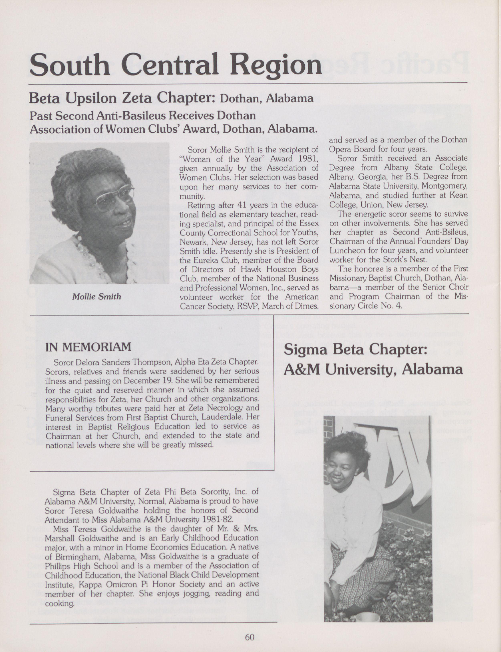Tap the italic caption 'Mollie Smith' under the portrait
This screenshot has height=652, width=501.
[96, 296]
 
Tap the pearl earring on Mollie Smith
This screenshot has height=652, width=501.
[79, 238]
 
